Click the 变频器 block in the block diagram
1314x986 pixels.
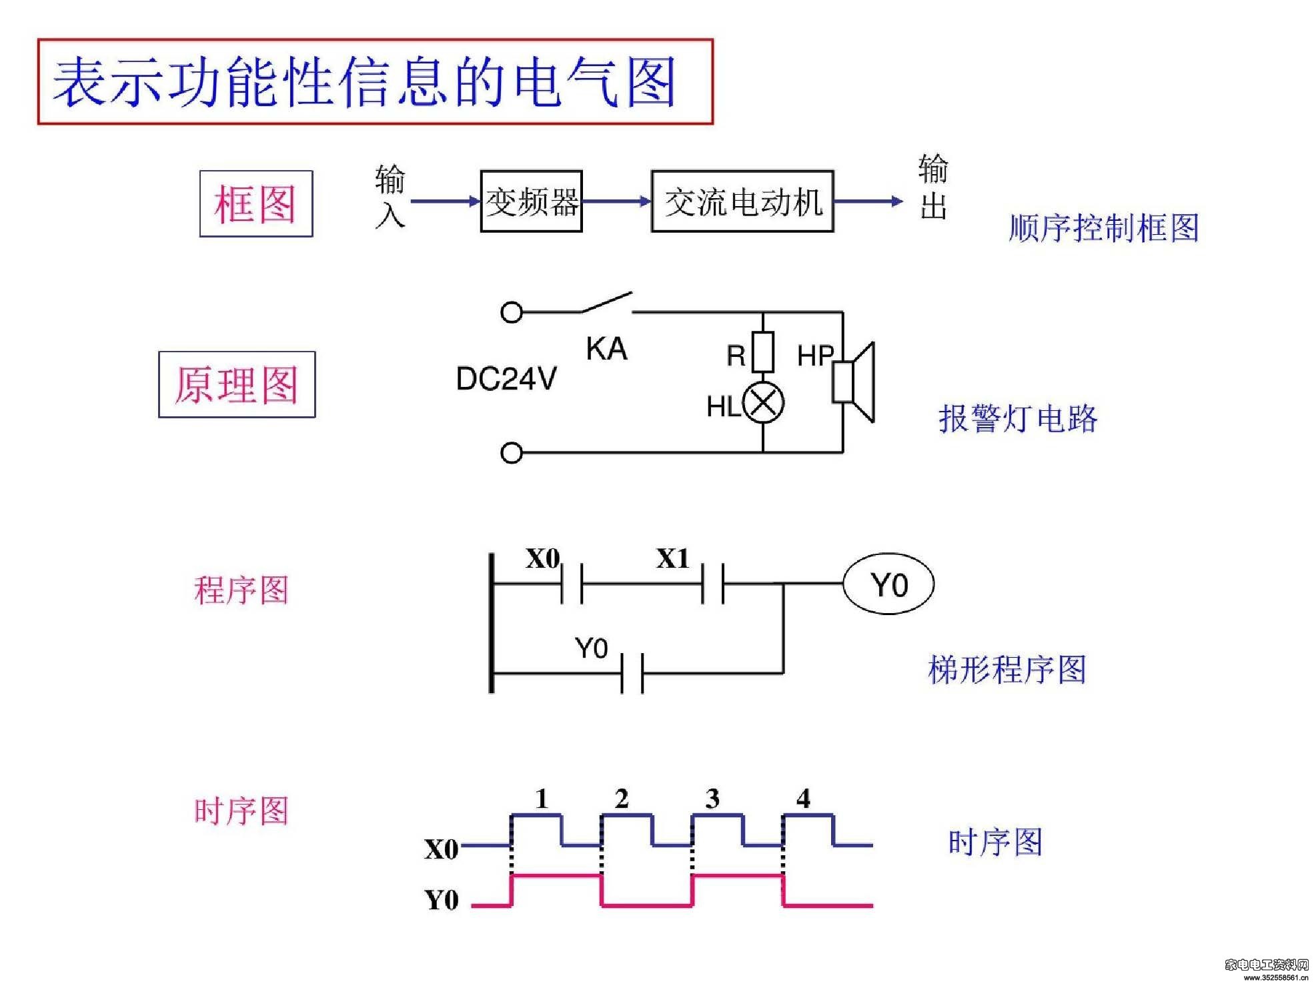point(531,201)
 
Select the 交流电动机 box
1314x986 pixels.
point(742,201)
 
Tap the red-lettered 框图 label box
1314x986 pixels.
point(256,203)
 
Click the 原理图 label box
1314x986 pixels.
point(237,384)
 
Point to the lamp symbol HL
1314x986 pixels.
point(763,403)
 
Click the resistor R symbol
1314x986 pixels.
point(763,352)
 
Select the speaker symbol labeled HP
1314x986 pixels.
point(853,382)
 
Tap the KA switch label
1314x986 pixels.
point(606,349)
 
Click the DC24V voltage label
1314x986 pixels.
point(506,379)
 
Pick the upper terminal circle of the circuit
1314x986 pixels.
point(511,312)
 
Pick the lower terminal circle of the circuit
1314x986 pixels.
point(511,453)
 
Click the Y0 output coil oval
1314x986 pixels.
point(888,584)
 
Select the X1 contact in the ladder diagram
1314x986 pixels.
point(713,584)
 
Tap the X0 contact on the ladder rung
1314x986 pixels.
point(572,584)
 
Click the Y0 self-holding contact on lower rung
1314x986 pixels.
point(632,674)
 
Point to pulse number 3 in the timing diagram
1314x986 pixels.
point(712,799)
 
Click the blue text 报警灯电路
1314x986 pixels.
point(1018,419)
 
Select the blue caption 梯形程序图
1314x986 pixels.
point(1007,669)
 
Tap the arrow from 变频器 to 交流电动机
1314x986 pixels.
point(617,201)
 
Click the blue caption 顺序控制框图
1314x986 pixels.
point(1104,228)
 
